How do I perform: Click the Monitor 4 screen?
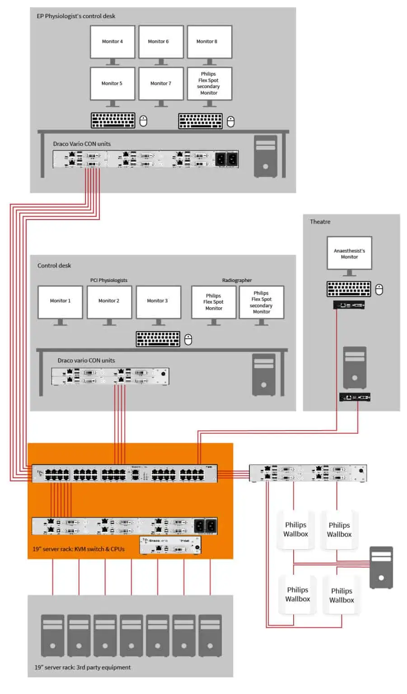point(112,42)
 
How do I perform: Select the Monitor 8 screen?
point(209,42)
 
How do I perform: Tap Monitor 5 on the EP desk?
point(112,84)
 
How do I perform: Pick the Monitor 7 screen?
point(161,84)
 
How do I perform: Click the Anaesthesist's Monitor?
point(349,253)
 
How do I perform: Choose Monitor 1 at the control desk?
point(60,301)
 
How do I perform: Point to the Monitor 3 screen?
point(158,301)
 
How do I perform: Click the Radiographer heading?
point(237,280)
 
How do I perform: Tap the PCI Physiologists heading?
point(108,280)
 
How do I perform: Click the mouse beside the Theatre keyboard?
point(379,290)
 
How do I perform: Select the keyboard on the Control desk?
point(158,339)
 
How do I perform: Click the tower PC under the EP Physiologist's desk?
point(265,156)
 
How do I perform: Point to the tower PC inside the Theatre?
point(355,367)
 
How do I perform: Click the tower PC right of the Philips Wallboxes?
point(381,567)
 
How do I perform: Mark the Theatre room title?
point(320,222)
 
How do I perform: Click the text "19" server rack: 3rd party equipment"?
point(83,667)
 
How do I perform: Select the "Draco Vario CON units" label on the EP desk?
point(82,144)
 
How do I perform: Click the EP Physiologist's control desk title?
point(76,16)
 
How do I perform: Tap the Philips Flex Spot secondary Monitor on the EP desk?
point(209,84)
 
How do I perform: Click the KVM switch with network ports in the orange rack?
point(124,474)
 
